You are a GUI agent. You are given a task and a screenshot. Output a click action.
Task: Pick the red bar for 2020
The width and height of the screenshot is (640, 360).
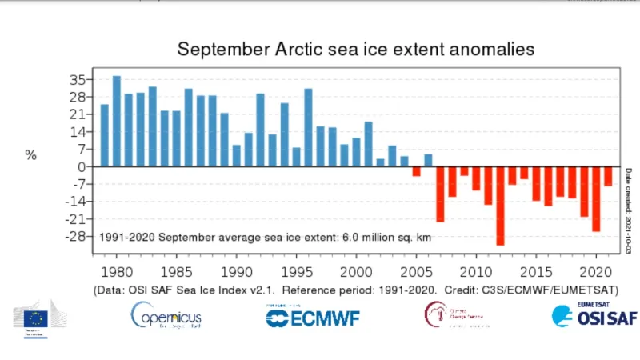point(596,199)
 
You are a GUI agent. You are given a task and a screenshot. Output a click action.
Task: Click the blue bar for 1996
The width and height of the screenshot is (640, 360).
point(308,128)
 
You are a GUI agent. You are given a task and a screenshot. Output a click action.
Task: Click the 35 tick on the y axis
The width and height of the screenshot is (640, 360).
point(77,79)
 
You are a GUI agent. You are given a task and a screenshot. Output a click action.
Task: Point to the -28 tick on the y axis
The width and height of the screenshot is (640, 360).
point(75,236)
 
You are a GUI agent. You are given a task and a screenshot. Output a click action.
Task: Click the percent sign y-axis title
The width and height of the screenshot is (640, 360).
point(31,155)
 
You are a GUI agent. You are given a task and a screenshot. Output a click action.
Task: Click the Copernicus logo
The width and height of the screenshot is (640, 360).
point(166,316)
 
